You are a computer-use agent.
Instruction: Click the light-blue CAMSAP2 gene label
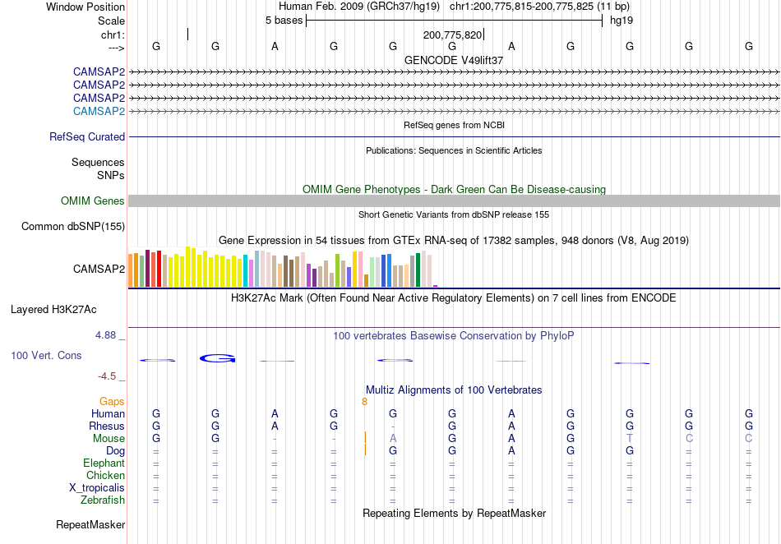(99, 111)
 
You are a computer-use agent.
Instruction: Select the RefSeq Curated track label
(86, 137)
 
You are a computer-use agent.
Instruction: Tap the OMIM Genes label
(92, 201)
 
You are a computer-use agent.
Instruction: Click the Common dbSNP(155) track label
(72, 227)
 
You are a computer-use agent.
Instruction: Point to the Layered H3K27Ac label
(53, 310)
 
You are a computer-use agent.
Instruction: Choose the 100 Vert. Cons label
(46, 355)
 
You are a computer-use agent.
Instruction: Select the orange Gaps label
(112, 401)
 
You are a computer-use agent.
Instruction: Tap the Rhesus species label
(107, 426)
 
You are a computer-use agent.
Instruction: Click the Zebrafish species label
(103, 500)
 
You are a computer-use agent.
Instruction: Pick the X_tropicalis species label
(97, 488)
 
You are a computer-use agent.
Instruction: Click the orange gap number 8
(364, 402)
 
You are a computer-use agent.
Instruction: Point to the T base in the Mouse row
(630, 439)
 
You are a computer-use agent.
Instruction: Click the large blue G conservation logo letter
(217, 358)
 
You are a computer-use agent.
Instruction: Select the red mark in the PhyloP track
(511, 361)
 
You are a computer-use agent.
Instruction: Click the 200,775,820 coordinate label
(452, 35)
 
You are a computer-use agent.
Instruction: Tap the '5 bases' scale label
(284, 21)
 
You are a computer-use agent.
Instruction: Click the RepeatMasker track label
(90, 524)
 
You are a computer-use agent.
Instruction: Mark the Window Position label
(85, 7)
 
